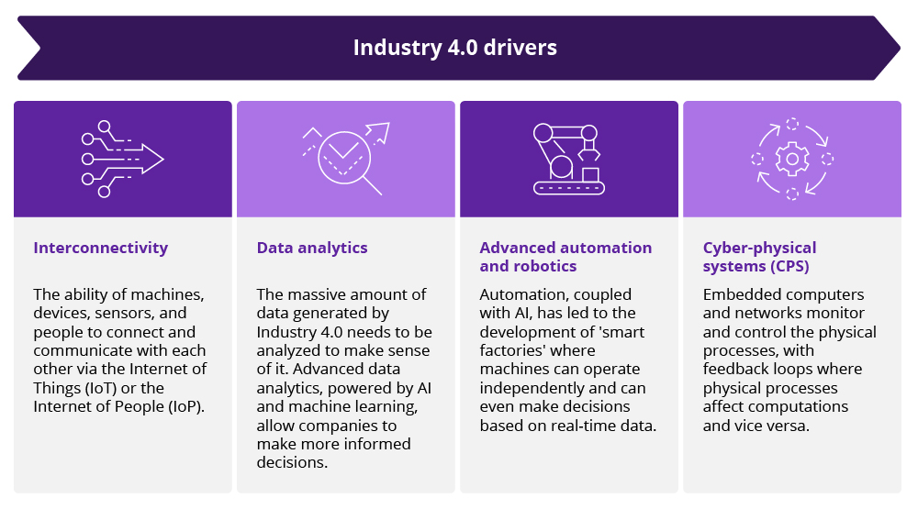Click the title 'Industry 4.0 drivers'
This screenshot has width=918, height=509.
pyautogui.click(x=454, y=47)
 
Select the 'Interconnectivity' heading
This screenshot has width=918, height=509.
pyautogui.click(x=101, y=248)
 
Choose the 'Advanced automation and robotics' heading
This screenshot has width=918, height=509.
pyautogui.click(x=565, y=257)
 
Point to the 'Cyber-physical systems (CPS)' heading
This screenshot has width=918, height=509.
pyautogui.click(x=759, y=257)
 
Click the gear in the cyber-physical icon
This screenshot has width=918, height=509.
pyautogui.click(x=791, y=159)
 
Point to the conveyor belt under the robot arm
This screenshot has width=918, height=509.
pyautogui.click(x=569, y=188)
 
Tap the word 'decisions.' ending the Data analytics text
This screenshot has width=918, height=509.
pyautogui.click(x=292, y=463)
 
